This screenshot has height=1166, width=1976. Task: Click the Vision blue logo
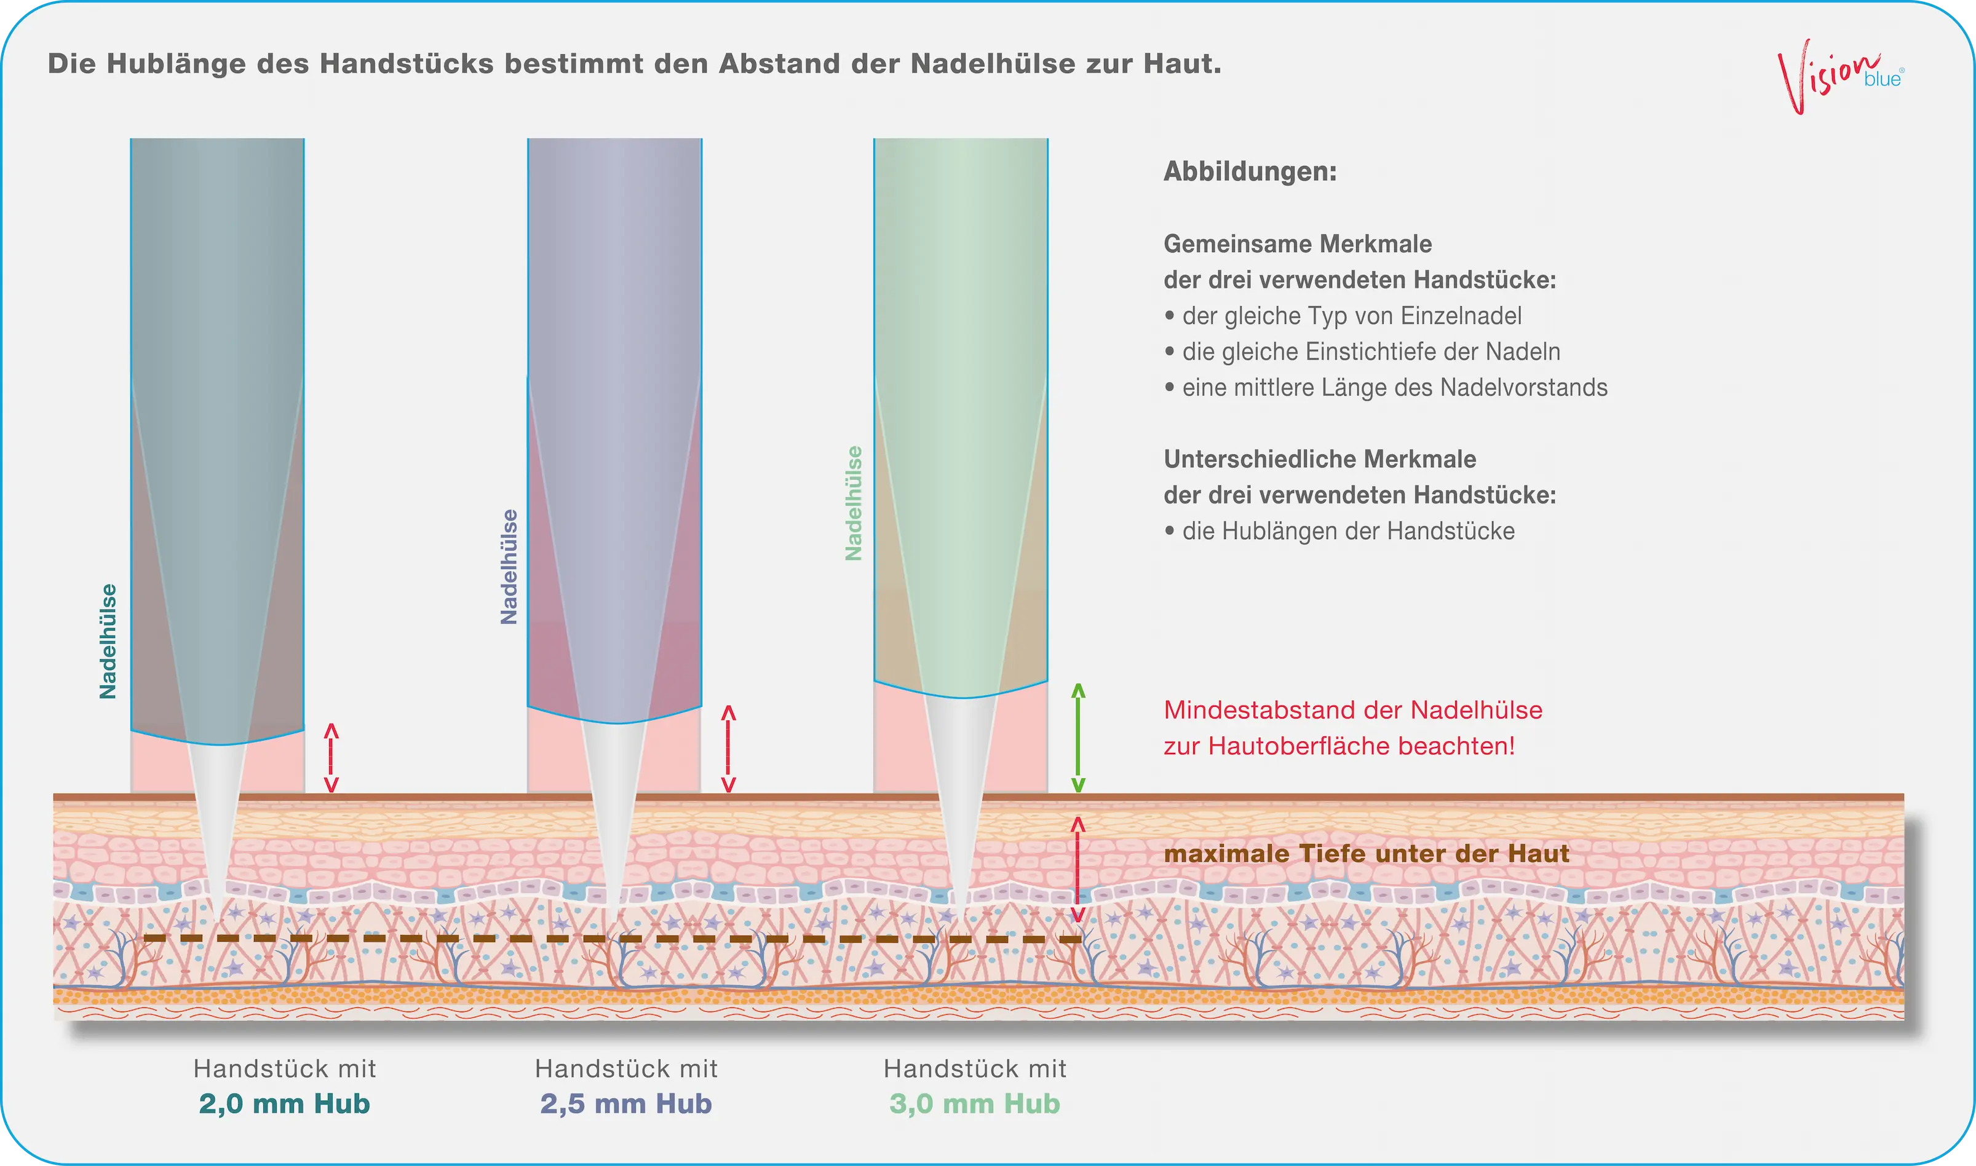pos(1839,77)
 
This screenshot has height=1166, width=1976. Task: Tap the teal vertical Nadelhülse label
pos(108,641)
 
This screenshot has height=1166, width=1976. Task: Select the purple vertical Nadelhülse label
pos(509,567)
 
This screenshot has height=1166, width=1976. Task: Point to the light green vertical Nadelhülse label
pos(853,503)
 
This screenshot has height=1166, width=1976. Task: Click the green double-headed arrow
pos(1078,738)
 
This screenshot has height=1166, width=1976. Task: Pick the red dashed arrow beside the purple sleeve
pos(729,748)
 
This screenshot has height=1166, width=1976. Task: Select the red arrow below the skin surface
pos(1078,869)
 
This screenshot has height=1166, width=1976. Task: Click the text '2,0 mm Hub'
pos(285,1104)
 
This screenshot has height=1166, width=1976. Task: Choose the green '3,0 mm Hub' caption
pos(975,1104)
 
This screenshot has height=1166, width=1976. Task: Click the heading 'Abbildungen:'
pos(1250,171)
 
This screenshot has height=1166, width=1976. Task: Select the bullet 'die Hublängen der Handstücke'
pos(1339,531)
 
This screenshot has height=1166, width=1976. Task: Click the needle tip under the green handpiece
pos(962,915)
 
